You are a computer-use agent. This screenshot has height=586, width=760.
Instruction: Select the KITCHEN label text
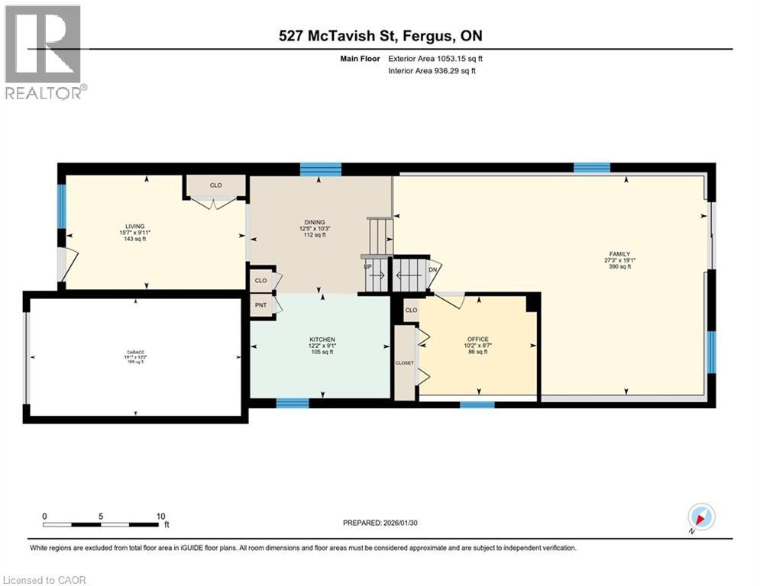tap(322, 340)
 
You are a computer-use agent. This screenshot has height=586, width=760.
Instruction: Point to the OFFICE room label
tap(477, 340)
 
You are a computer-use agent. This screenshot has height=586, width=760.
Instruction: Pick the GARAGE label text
tap(134, 353)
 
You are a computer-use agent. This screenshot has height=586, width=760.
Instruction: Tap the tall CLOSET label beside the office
tap(404, 362)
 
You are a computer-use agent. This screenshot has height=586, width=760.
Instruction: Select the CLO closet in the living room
tap(215, 185)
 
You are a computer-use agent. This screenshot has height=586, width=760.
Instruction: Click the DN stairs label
tap(434, 268)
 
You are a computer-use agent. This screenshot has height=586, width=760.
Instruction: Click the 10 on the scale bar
tap(160, 516)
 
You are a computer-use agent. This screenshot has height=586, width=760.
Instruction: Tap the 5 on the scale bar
tap(101, 516)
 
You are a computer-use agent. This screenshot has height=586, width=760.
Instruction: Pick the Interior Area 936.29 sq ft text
tap(437, 71)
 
